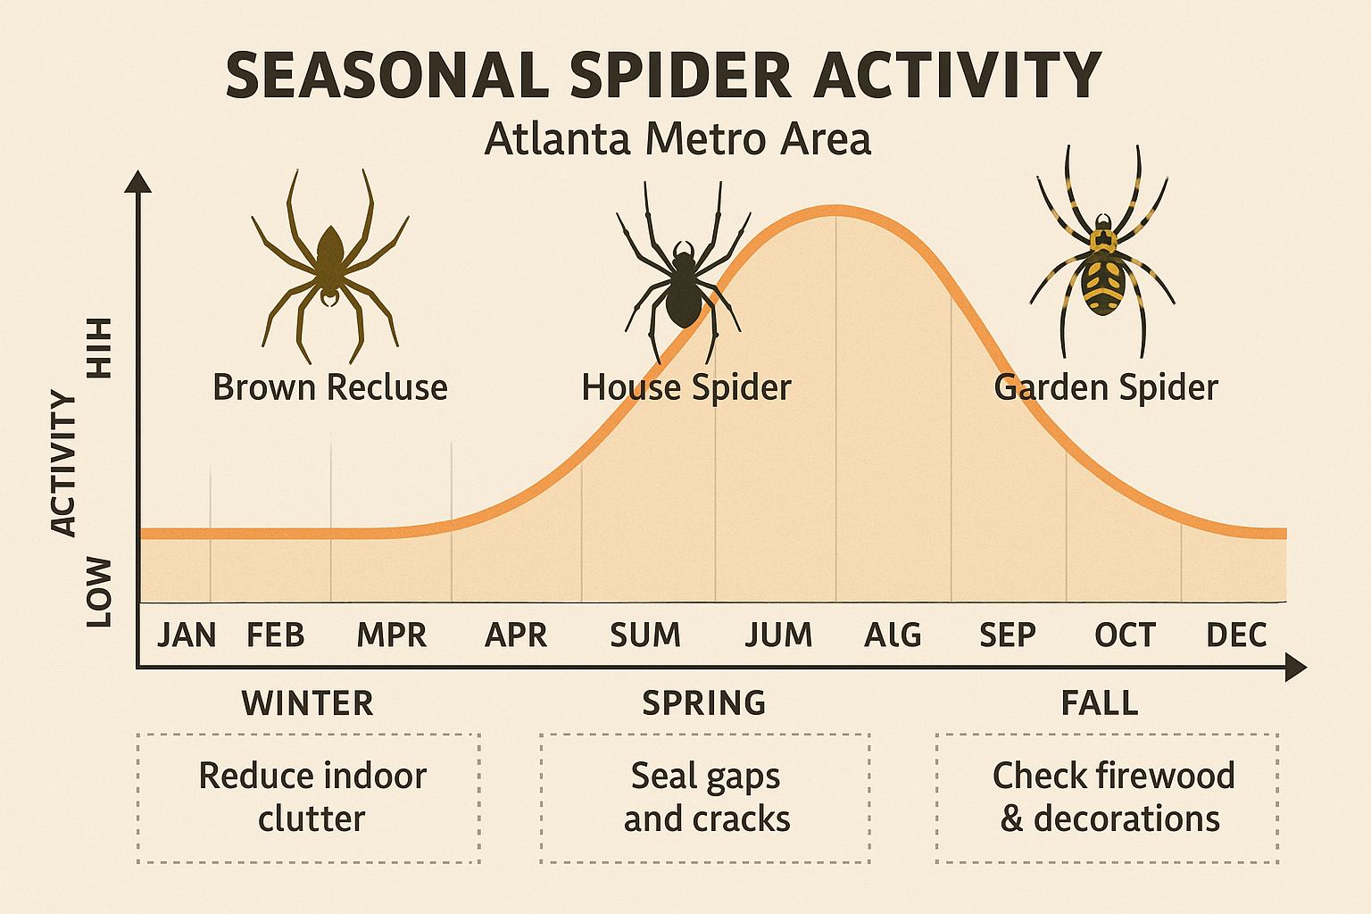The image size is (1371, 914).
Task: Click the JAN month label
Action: point(187,636)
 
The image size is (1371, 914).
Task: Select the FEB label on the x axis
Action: point(275,636)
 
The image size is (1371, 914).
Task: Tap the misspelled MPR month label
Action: point(391,636)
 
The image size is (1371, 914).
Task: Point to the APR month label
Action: point(516,636)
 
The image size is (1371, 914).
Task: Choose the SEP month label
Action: point(1008,636)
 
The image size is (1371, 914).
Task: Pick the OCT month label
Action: point(1125,636)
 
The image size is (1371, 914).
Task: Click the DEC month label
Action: point(1236,636)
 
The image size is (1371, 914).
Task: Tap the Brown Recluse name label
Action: point(330,388)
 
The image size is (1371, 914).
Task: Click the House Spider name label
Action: point(686,388)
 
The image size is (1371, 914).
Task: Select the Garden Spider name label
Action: point(1106,388)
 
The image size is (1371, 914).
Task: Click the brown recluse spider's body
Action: point(330,254)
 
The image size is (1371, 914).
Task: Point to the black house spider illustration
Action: point(684,286)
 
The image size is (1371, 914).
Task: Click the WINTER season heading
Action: point(307,703)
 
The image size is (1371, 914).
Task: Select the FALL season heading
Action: point(1100,703)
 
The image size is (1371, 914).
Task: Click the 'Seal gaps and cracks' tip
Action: point(706,797)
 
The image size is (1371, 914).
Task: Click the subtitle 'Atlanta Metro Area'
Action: point(677,140)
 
